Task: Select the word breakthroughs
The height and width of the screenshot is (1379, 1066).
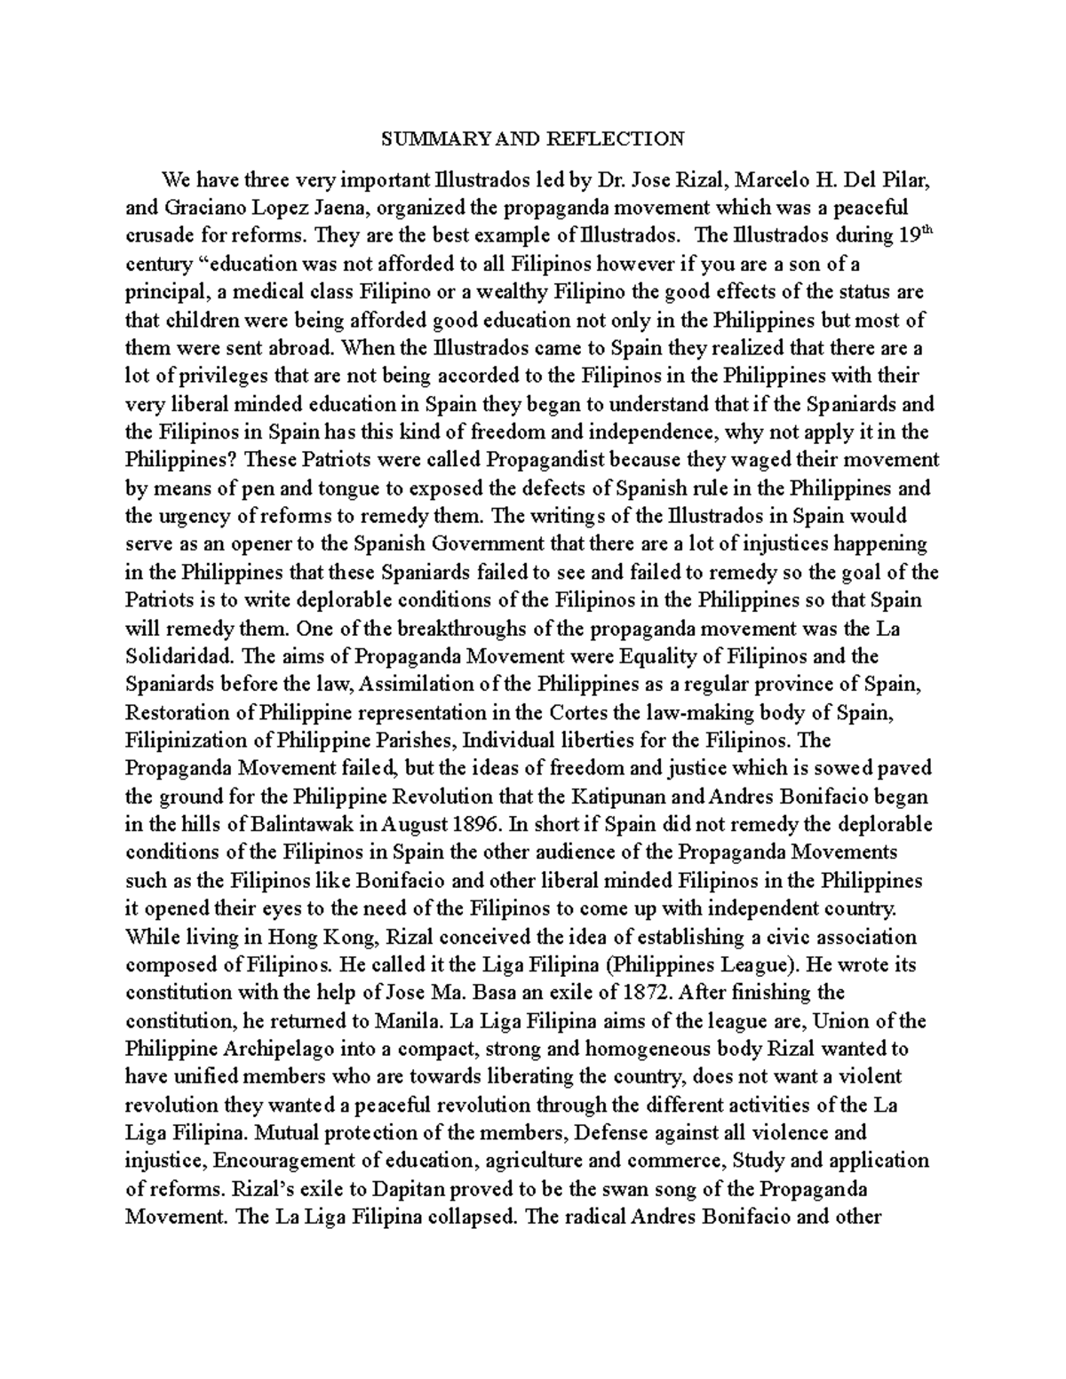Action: coord(443,629)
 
